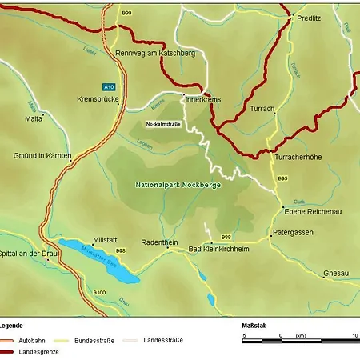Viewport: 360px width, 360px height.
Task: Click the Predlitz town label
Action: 309,18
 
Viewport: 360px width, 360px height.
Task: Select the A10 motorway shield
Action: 108,86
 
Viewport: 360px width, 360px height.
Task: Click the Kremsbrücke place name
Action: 98,99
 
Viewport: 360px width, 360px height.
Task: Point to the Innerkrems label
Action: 202,100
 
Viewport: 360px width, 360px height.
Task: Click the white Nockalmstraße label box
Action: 163,124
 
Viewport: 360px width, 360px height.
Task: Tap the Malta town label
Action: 34,118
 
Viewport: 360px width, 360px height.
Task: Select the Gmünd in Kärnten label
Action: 42,155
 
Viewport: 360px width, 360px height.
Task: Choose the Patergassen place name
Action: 293,232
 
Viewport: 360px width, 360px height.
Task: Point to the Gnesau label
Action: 335,274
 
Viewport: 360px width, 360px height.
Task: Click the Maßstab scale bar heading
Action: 255,326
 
